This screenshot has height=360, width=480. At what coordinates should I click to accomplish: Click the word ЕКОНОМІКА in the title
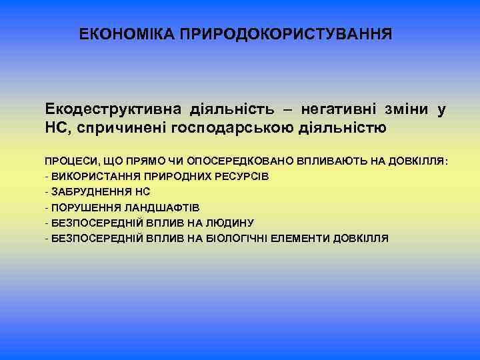[126, 33]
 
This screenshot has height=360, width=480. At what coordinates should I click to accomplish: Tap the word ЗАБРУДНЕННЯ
[83, 191]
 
